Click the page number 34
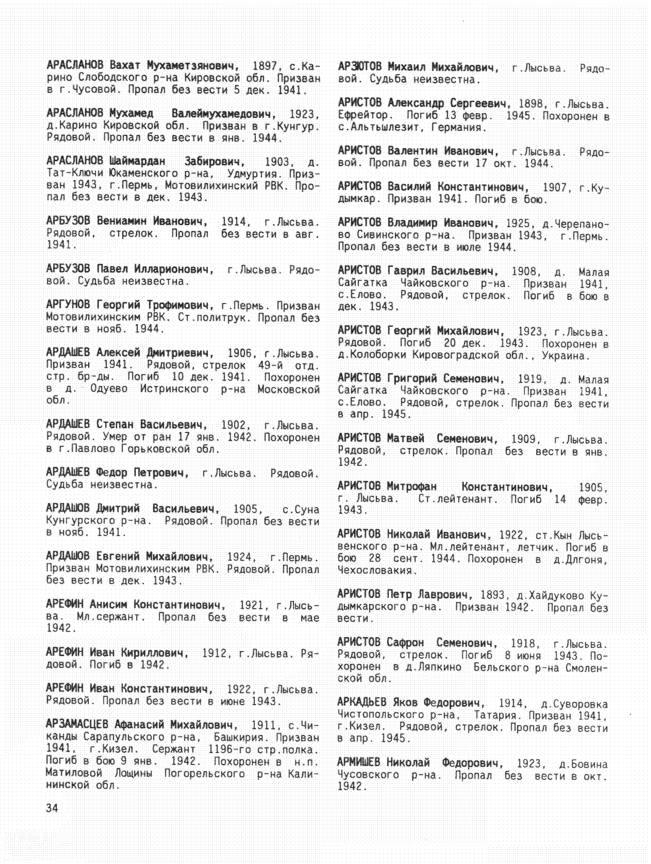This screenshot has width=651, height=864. click(x=52, y=808)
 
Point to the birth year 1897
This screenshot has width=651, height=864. click(x=265, y=66)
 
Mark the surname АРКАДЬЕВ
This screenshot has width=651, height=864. click(x=362, y=703)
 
